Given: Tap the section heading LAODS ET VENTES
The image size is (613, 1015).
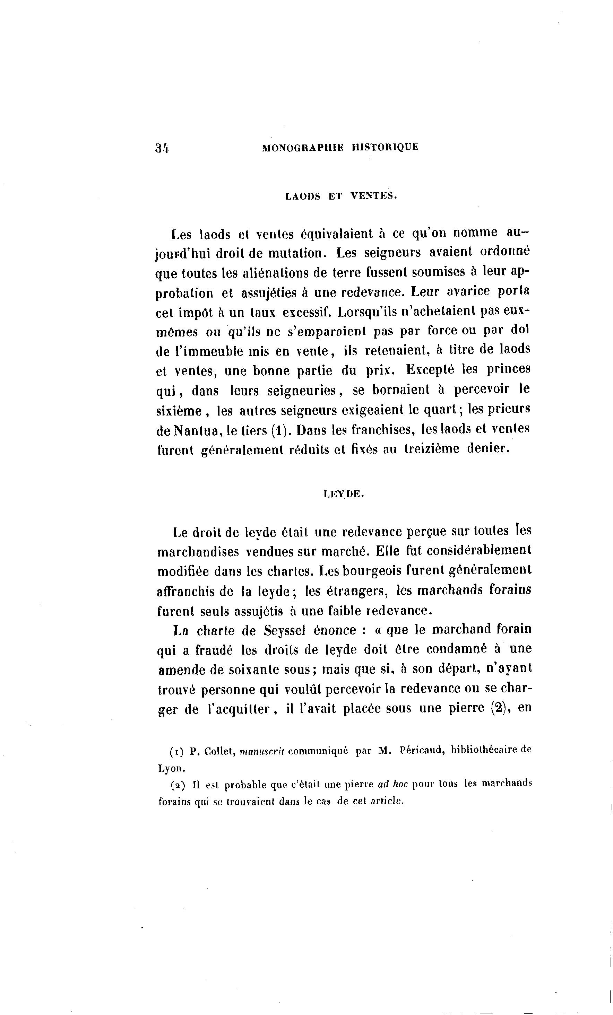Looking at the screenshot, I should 341,196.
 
